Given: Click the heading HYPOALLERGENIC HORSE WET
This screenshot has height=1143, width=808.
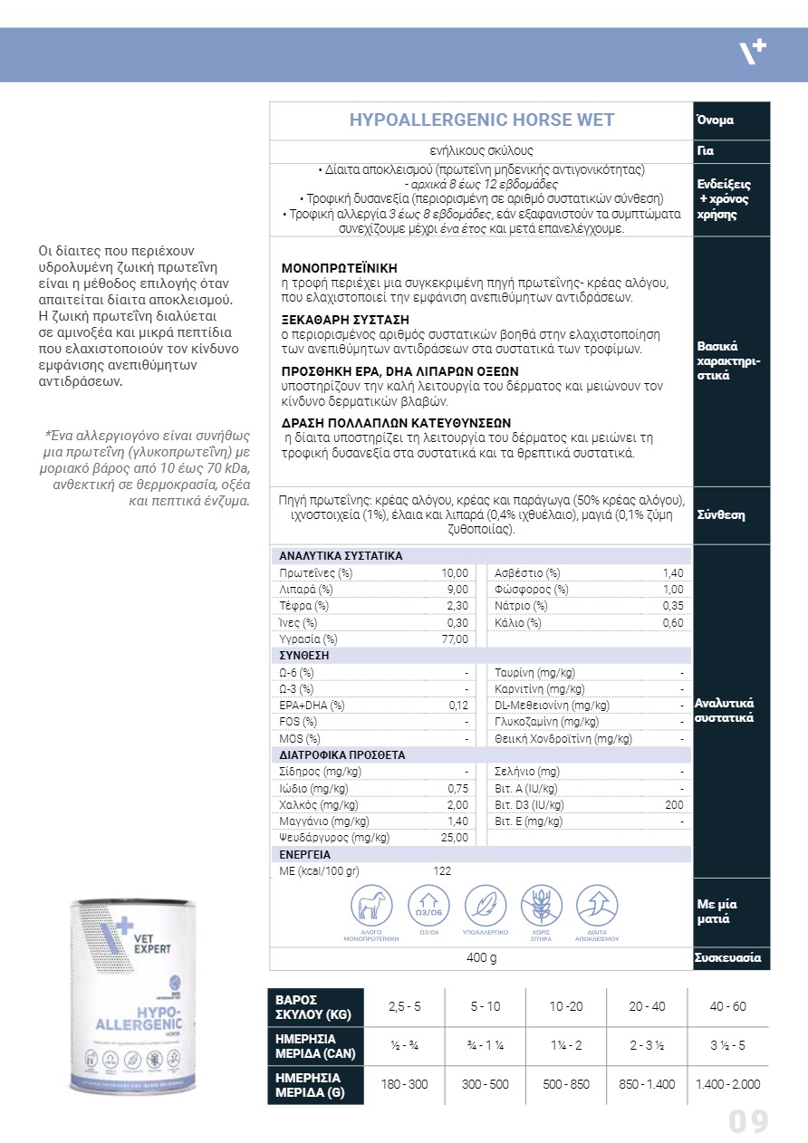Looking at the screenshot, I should tap(481, 120).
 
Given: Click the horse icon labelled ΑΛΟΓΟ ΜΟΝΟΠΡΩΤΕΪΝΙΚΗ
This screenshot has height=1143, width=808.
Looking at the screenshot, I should tap(371, 905).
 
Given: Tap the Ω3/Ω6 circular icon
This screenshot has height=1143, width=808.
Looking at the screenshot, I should tap(428, 905).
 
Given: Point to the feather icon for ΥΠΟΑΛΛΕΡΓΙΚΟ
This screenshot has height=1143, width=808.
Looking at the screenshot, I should tap(485, 905).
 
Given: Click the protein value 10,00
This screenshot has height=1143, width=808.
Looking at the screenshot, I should tap(455, 573).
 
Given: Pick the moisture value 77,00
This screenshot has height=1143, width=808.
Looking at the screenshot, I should tap(455, 639).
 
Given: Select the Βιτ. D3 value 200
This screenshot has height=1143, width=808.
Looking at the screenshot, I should tap(674, 804).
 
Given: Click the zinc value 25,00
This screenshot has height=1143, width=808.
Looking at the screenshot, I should tap(455, 837).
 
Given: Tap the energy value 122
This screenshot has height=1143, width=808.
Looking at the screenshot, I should tap(442, 870).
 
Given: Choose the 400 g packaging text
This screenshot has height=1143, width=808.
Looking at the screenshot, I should tap(481, 958).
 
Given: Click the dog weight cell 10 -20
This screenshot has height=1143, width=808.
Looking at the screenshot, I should tap(566, 1006).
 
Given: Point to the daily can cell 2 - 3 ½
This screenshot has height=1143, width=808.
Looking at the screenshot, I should tap(647, 1045).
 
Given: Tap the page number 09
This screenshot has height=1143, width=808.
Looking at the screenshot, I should tap(748, 1122).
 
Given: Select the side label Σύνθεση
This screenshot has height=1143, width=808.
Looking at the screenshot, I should tap(720, 514).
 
